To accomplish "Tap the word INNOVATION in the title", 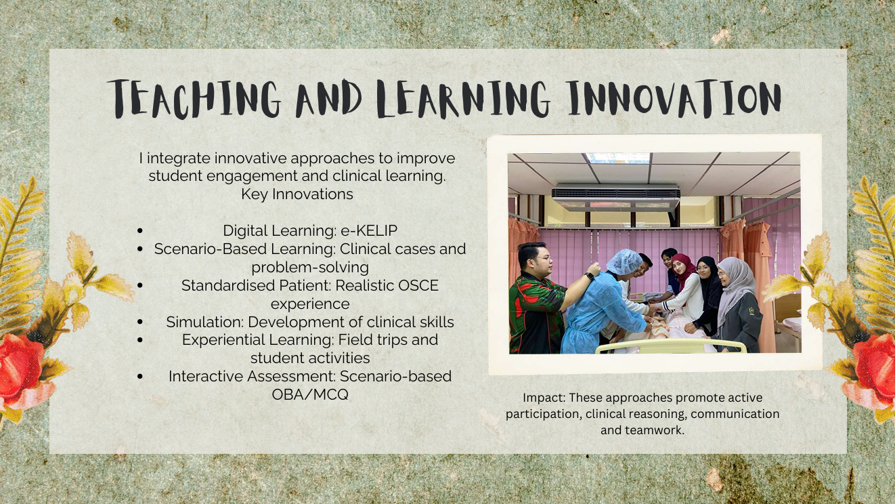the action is (674, 98).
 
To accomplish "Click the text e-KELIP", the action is (369, 230).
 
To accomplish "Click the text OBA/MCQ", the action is (310, 394).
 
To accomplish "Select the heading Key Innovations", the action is (297, 194).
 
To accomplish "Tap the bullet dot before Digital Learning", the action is (140, 230).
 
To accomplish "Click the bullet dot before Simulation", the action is (140, 322).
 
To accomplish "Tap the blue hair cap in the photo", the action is (624, 261).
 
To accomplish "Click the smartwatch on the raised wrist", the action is (590, 276).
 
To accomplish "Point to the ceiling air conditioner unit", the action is (615, 196).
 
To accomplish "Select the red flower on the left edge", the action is (20, 368).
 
